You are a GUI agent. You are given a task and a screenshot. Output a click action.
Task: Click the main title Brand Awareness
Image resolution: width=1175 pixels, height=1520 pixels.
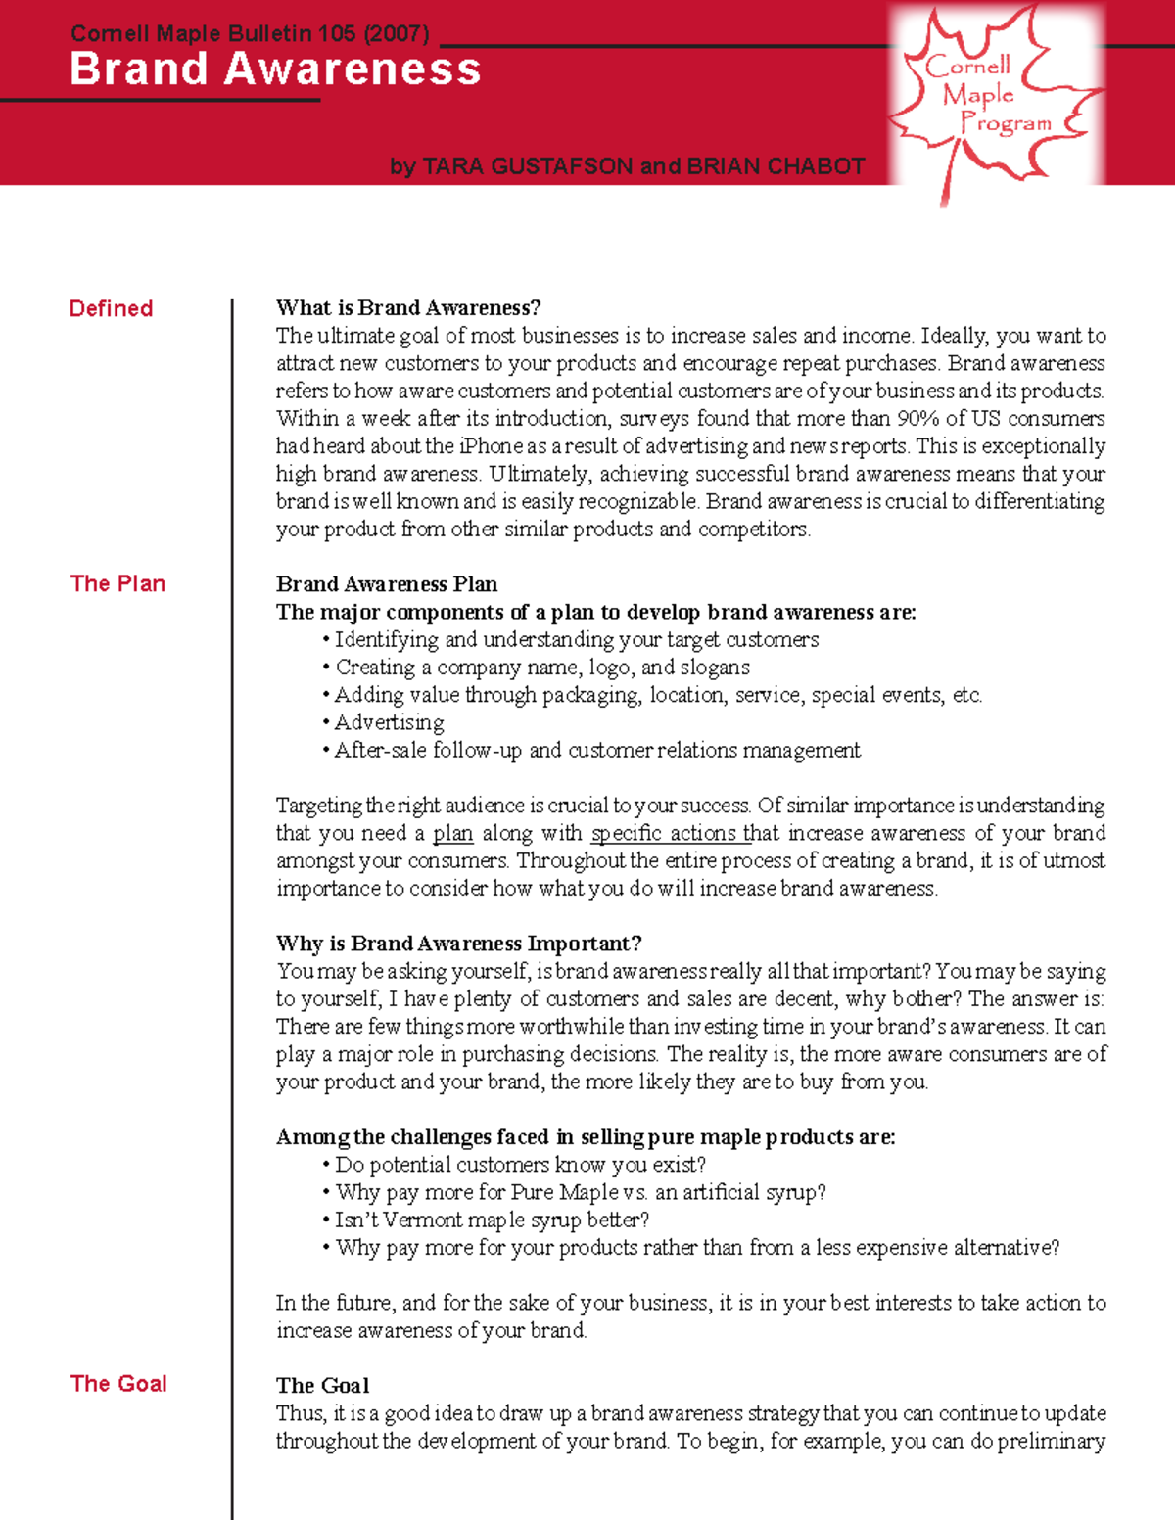tap(275, 69)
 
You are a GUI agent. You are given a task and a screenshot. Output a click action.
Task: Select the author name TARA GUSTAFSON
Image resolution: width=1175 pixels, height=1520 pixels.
tap(528, 166)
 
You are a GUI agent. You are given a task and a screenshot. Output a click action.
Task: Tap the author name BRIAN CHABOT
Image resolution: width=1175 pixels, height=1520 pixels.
tap(775, 166)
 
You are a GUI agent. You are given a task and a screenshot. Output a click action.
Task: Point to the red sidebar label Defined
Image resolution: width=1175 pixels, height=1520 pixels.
tap(111, 309)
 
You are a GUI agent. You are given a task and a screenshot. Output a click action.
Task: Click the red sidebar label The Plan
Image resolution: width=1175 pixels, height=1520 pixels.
tap(117, 584)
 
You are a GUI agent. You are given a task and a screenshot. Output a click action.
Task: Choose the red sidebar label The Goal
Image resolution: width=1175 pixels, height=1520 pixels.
tap(118, 1384)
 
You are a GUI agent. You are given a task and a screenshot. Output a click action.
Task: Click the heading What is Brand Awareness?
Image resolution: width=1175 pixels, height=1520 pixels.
tap(408, 308)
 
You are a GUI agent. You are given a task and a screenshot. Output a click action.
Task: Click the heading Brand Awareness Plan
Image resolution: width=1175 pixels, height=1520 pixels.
tap(387, 584)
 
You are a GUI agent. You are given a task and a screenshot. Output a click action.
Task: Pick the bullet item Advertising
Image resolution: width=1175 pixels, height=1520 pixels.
tap(389, 722)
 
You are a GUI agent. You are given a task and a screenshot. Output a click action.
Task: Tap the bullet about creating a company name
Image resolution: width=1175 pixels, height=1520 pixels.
tap(541, 668)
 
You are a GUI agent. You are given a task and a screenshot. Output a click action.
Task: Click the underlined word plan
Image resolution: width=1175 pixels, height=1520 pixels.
tap(452, 833)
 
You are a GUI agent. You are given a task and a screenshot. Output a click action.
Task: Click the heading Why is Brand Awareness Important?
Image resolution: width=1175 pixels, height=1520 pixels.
tap(458, 944)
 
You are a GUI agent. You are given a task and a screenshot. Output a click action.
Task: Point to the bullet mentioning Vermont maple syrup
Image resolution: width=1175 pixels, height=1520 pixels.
tap(492, 1221)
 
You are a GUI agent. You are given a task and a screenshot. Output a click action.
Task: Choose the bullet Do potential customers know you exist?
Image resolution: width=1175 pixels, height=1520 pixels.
tap(520, 1165)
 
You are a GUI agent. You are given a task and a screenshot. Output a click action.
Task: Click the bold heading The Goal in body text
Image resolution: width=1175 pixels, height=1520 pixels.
tap(322, 1386)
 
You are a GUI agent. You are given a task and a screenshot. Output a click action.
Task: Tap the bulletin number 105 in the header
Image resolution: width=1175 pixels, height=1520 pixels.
tap(336, 34)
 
